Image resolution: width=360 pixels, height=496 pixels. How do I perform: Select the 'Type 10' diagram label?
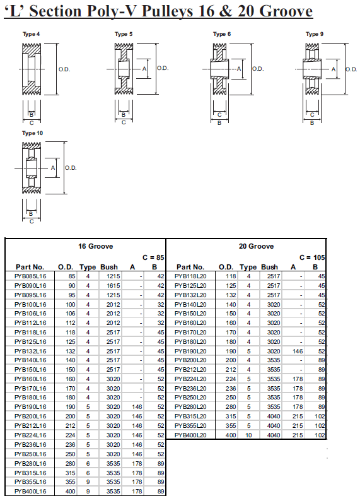(32, 133)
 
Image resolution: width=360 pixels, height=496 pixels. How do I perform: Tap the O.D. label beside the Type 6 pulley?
(257, 68)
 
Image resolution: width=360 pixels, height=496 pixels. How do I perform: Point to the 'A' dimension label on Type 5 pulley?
(144, 68)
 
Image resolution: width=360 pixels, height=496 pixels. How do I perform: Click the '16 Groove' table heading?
(86, 246)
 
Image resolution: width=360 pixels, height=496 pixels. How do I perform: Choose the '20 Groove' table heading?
(247, 246)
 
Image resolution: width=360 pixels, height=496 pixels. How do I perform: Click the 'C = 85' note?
(153, 257)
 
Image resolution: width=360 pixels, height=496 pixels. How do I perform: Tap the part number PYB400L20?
(190, 435)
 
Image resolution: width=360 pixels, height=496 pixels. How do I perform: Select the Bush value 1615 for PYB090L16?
(113, 285)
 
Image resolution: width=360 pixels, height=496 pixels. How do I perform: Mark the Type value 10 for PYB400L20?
(248, 435)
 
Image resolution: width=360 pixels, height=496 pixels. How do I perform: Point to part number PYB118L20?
(190, 276)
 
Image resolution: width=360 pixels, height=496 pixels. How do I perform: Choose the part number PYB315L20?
(190, 416)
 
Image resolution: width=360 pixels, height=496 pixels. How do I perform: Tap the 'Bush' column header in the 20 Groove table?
(269, 267)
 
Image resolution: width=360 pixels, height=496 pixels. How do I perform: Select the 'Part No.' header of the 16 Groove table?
(30, 267)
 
